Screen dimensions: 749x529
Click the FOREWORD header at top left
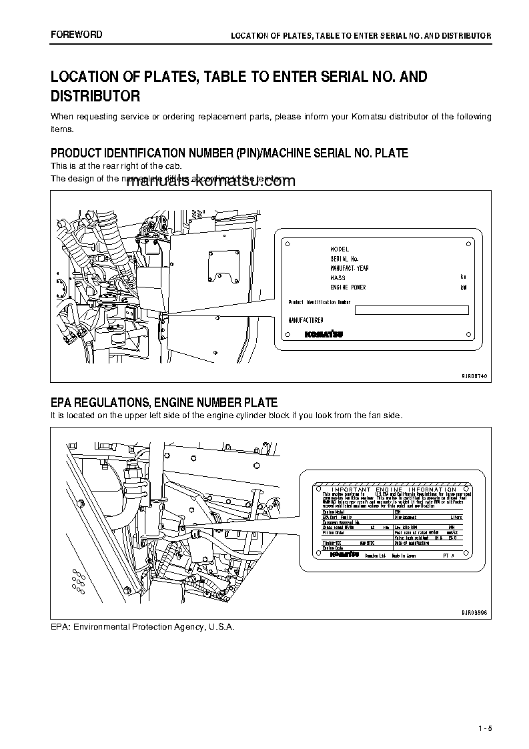[77, 35]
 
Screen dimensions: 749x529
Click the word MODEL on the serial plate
[340, 249]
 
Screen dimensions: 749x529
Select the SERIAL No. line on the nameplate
[344, 259]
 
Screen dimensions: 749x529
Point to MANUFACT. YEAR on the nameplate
[350, 268]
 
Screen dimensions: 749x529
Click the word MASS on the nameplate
[338, 278]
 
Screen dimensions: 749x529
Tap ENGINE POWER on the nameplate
[348, 287]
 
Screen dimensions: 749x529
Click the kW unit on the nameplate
[464, 287]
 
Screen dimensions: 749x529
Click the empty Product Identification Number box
[412, 309]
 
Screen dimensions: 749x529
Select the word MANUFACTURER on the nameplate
[306, 320]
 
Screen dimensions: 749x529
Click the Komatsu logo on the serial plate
[325, 334]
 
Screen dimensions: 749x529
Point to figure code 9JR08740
[474, 376]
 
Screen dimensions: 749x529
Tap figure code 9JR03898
[474, 612]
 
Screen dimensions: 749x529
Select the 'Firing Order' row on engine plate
[334, 533]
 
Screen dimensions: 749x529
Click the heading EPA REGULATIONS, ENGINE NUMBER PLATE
[164, 402]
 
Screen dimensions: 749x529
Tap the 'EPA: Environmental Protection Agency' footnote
[143, 628]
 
